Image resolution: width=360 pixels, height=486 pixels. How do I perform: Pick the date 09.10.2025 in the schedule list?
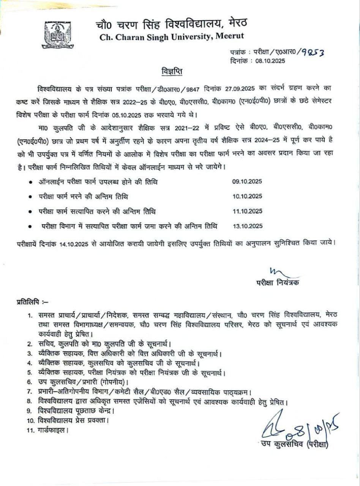(247, 182)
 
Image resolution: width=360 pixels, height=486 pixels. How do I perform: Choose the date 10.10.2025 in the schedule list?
(247, 196)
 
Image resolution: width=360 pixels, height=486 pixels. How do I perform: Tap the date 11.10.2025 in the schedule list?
(247, 211)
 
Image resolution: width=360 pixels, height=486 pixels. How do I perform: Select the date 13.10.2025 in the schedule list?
(247, 226)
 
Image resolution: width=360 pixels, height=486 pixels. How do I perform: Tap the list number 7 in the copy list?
(29, 391)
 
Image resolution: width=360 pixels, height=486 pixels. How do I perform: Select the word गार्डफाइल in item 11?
(52, 431)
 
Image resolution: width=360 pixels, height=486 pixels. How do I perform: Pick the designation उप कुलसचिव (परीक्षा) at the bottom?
(293, 443)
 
